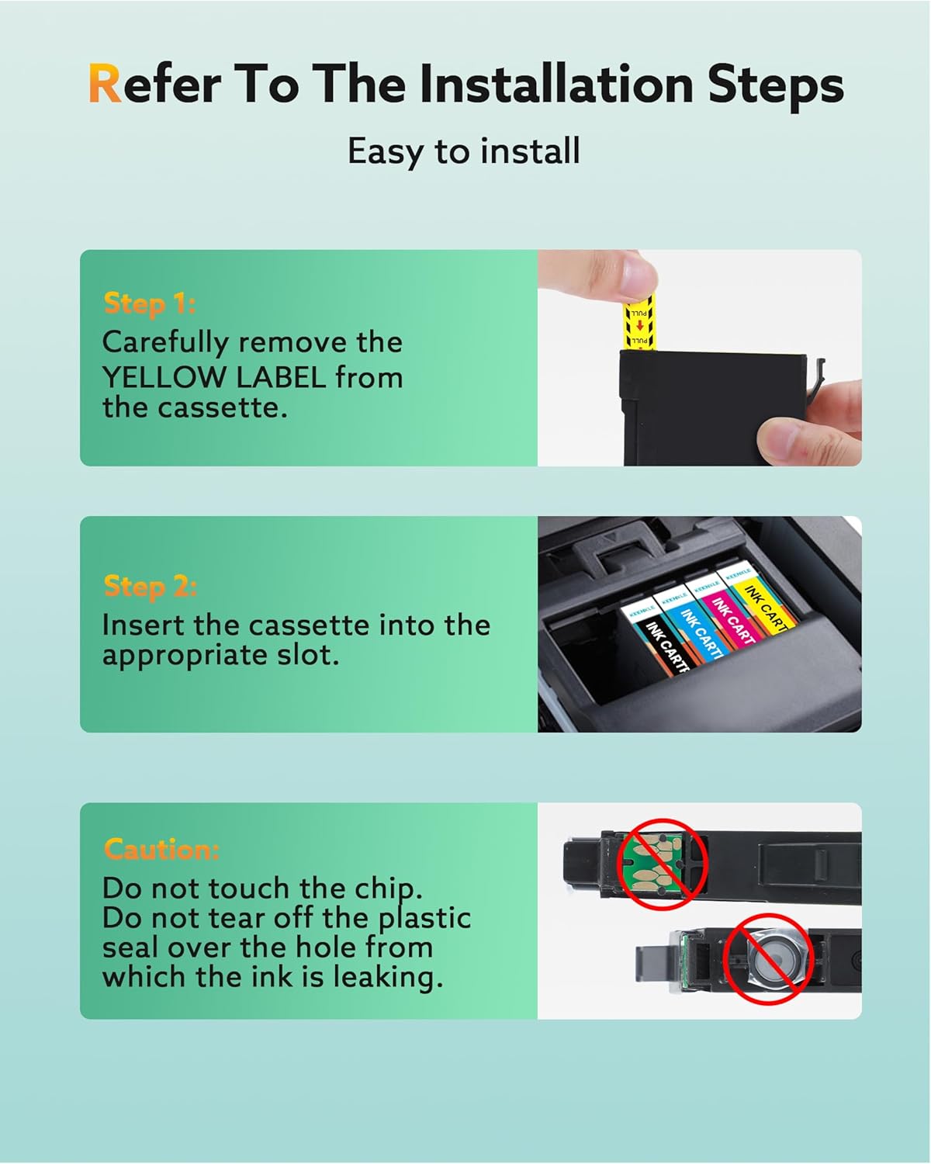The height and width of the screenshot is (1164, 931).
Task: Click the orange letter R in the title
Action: pos(106,84)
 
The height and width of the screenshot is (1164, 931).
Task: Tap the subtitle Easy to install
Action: pos(464,151)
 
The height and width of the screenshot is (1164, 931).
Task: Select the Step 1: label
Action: pos(149,303)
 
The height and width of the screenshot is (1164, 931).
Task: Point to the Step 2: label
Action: pos(150,587)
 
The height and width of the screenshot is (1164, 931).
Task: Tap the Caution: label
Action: pos(161,849)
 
